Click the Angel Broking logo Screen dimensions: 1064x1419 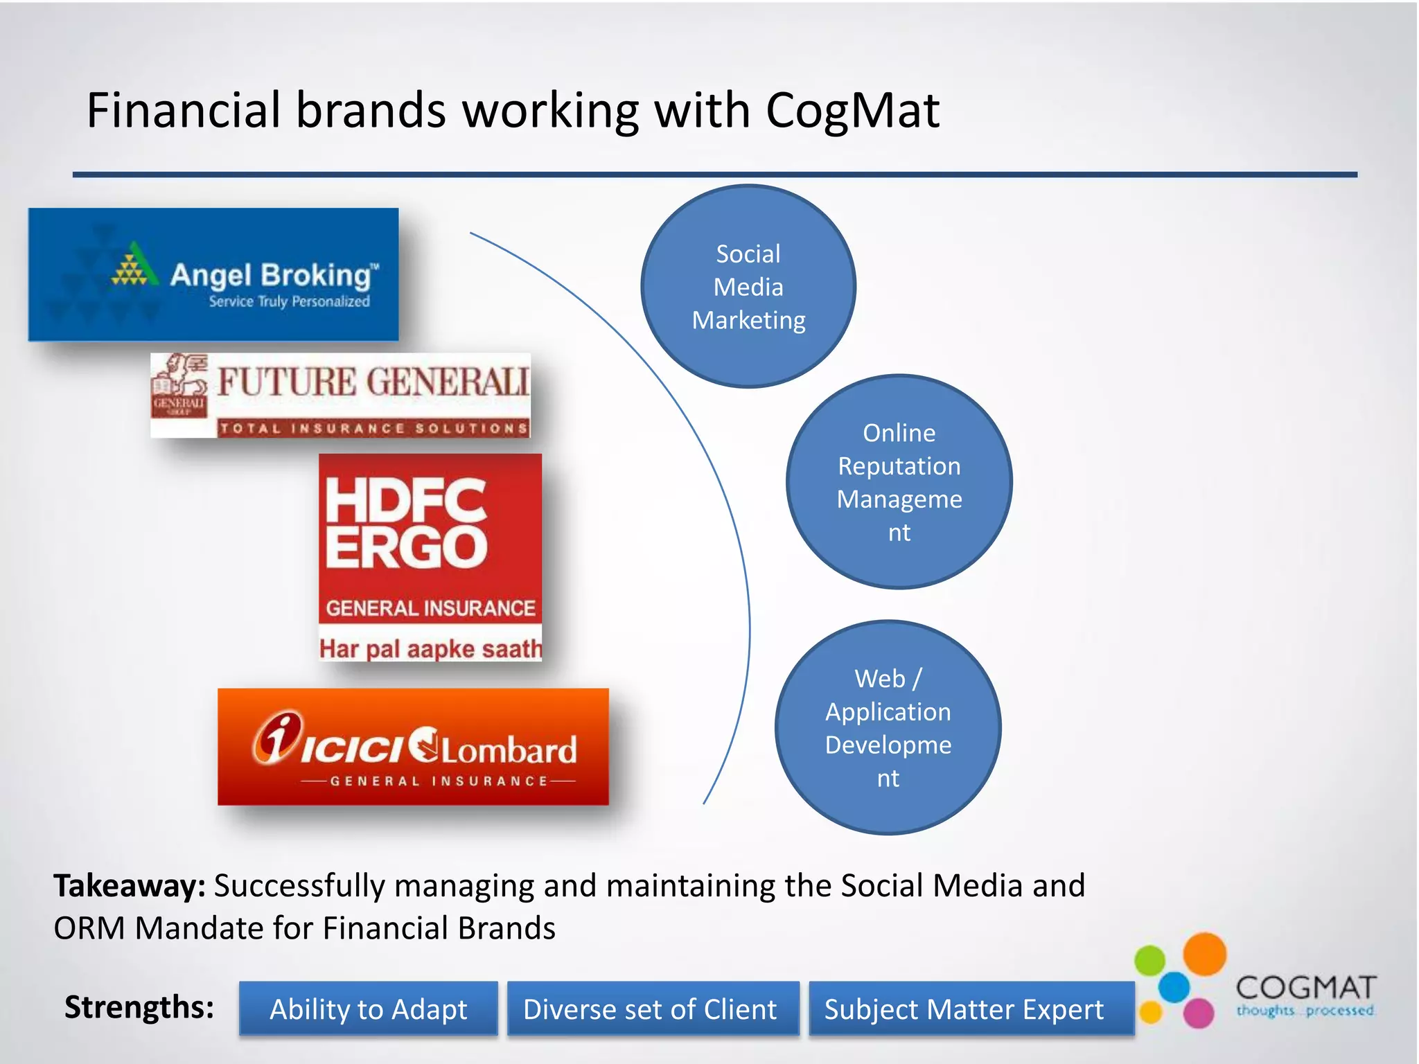tap(213, 274)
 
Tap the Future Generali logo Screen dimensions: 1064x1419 tap(341, 395)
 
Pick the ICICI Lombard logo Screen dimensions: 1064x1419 tap(413, 747)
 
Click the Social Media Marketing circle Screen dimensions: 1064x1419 tap(748, 286)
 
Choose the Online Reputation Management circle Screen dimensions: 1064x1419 tap(899, 482)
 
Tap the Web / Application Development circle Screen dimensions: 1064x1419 tap(888, 727)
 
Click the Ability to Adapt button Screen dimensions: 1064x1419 tap(368, 1009)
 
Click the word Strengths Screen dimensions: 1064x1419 tap(139, 1007)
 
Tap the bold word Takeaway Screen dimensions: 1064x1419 tap(130, 886)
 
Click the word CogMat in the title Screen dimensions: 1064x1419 tap(852, 111)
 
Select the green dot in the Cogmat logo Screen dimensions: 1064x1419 tap(1150, 960)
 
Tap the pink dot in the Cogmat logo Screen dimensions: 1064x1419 tap(1198, 1013)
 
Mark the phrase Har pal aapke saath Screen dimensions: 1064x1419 tap(430, 649)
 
